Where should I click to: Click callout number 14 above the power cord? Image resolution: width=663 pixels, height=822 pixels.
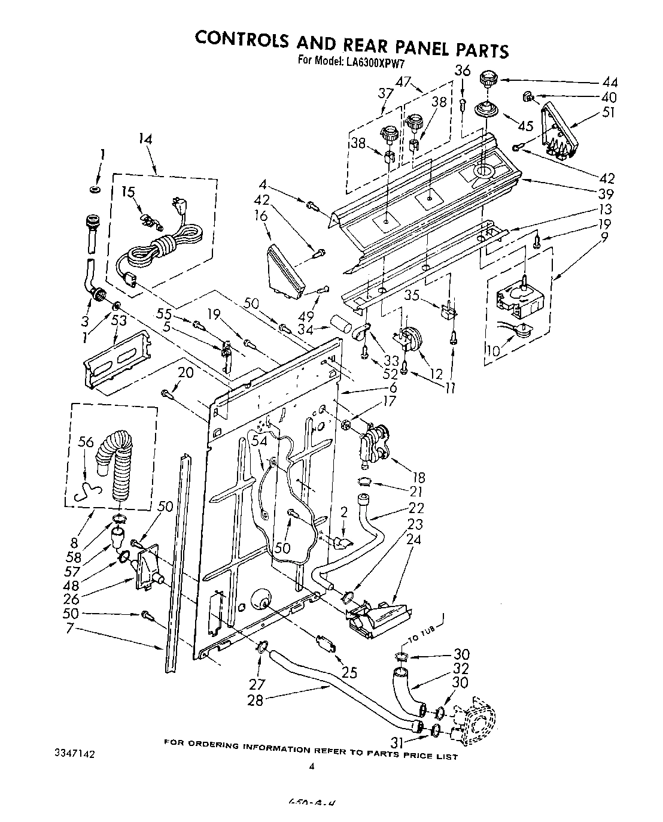(145, 139)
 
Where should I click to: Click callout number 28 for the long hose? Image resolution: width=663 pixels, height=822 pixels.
(255, 700)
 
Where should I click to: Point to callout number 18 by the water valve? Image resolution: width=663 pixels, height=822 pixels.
(418, 477)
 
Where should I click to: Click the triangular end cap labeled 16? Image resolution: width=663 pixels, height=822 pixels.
(284, 271)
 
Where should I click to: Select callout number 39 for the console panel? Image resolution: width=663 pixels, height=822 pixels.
(606, 193)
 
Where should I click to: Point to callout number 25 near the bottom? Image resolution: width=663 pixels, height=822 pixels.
(349, 672)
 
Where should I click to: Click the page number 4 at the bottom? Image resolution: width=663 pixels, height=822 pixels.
(312, 766)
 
